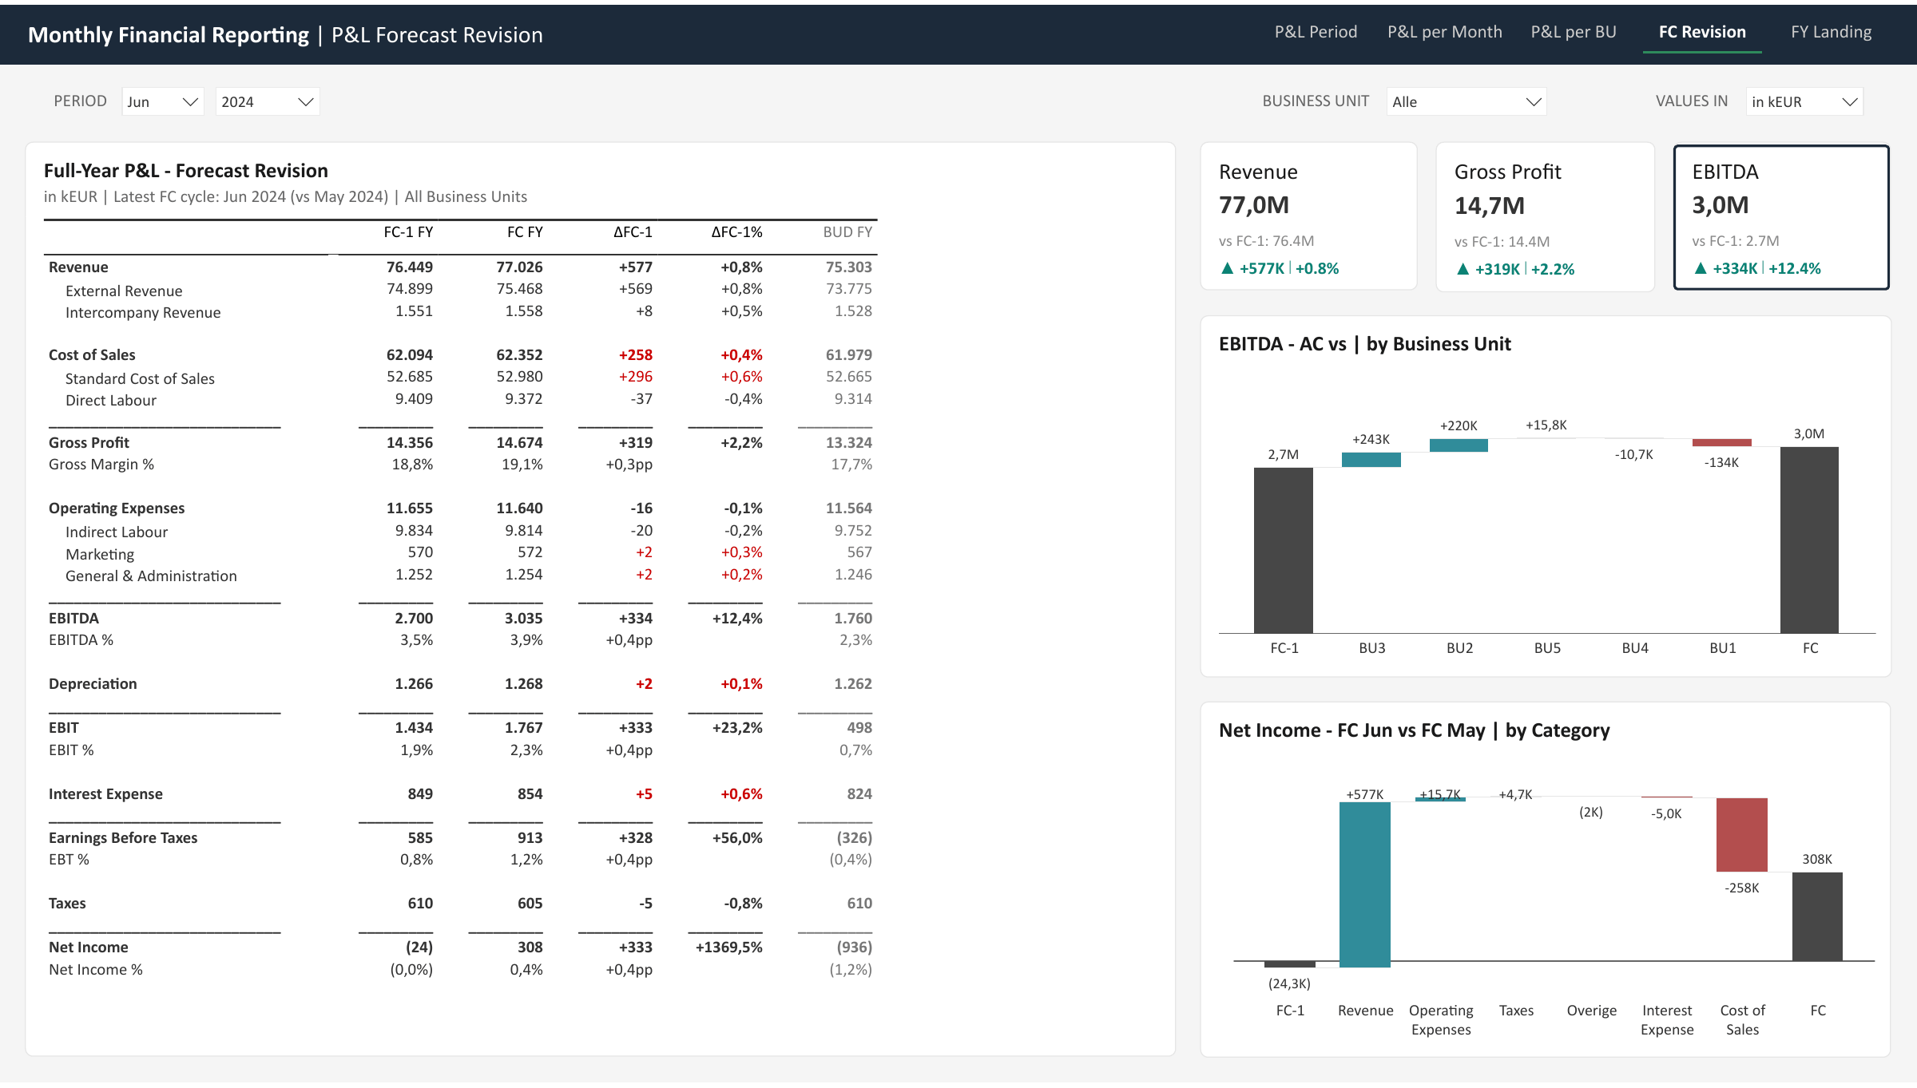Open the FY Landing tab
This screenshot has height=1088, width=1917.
[1831, 32]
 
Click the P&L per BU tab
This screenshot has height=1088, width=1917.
[1573, 32]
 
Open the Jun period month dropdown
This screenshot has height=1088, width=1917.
[163, 101]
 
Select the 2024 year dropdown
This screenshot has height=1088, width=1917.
[268, 101]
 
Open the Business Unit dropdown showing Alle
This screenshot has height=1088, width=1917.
[1467, 101]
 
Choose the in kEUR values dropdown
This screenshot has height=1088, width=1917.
[1804, 101]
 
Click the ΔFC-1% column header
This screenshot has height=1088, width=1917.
[736, 232]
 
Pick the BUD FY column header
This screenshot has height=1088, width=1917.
[847, 232]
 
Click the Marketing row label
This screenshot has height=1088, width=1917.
[100, 554]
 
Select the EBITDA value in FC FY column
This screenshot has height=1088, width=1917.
[523, 618]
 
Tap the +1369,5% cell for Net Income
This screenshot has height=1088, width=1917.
[728, 948]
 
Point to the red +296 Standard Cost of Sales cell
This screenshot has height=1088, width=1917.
[635, 377]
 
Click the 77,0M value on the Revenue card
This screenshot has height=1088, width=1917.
[1254, 205]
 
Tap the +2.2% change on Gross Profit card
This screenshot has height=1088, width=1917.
[1553, 269]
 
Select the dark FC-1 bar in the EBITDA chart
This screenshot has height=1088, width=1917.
[1284, 550]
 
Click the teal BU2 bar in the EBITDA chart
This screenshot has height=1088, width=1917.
[1459, 445]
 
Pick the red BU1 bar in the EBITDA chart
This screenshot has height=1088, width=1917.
[1722, 442]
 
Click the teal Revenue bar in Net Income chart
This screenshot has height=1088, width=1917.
[1365, 884]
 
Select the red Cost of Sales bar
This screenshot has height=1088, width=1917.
[1742, 835]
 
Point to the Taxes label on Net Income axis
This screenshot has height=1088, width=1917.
[1516, 1011]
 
